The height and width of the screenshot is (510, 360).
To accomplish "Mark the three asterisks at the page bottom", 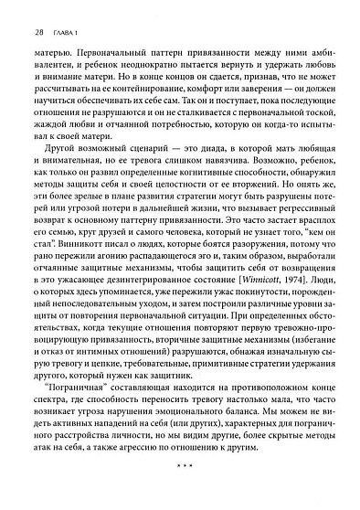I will point(180,476).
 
